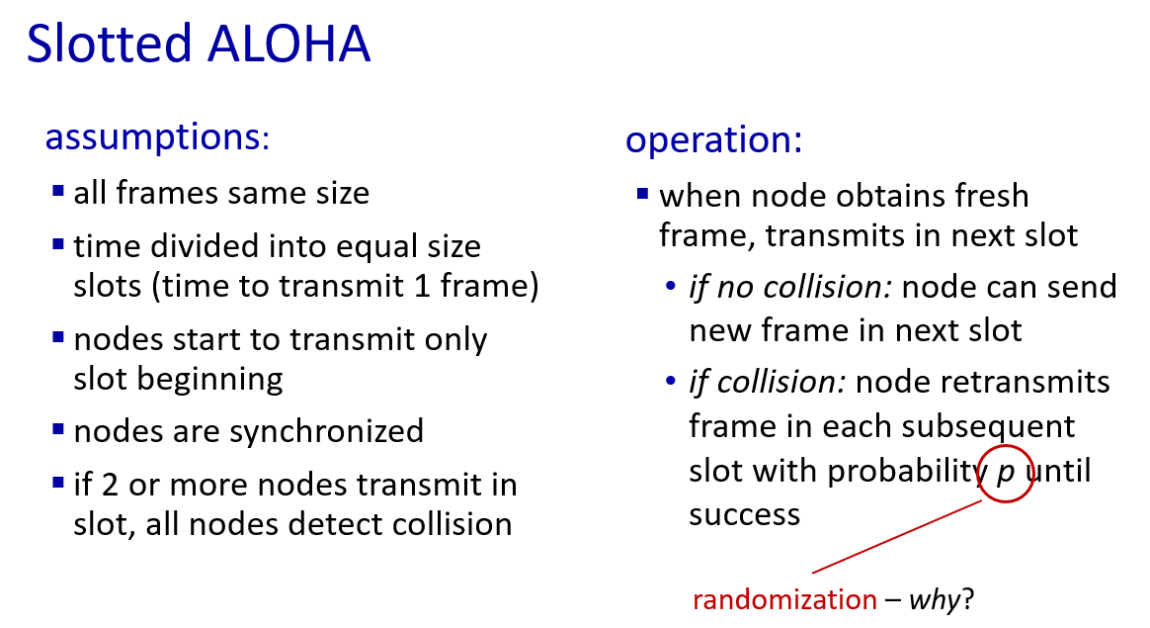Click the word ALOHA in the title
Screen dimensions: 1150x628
(288, 44)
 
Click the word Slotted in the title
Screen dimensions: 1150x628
(110, 44)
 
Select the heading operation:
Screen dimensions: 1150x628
(713, 139)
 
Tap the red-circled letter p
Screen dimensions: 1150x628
(1005, 473)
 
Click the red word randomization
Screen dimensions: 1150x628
(784, 599)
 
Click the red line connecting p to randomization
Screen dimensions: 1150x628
(897, 536)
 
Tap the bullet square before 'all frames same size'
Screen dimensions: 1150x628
(58, 192)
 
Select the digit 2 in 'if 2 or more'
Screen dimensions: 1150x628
(110, 486)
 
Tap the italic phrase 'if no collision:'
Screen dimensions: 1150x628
(790, 287)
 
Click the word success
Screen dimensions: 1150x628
(744, 515)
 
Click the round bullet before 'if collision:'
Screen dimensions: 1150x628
(670, 381)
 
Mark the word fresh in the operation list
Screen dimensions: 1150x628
(992, 196)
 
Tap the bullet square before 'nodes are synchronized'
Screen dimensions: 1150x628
(58, 429)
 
